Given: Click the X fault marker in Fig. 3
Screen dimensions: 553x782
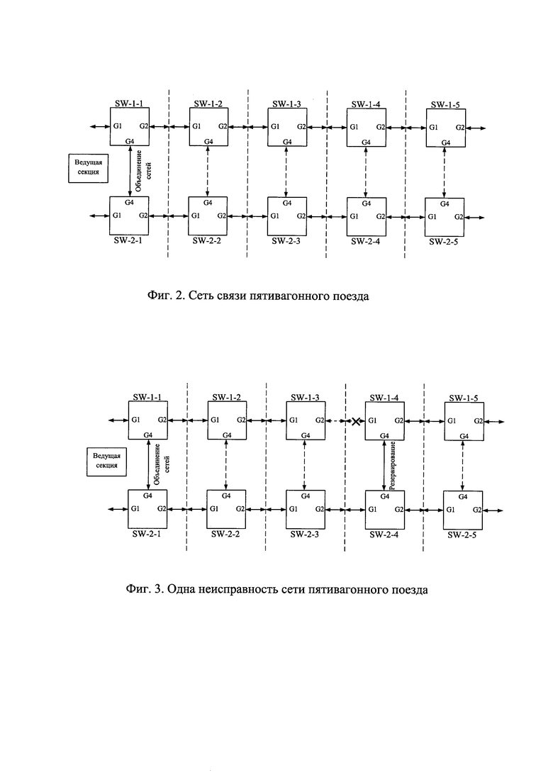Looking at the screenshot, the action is click(x=355, y=421).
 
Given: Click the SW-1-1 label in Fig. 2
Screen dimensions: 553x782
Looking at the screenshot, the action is click(x=128, y=104).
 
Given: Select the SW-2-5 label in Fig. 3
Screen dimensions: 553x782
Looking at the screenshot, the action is click(x=462, y=535).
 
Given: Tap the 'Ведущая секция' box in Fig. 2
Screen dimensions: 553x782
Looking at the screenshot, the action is click(x=87, y=167).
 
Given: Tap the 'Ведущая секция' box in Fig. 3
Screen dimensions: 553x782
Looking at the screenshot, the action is click(x=106, y=461).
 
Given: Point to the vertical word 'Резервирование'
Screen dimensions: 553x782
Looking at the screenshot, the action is click(x=393, y=465).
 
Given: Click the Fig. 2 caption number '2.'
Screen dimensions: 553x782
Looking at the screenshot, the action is click(x=181, y=296).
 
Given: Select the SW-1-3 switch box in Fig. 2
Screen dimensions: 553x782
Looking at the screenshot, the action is click(x=286, y=127).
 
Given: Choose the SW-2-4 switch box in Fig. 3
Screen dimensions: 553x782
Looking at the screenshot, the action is click(x=384, y=510).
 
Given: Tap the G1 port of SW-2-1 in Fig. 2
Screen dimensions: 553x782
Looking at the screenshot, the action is click(x=117, y=216).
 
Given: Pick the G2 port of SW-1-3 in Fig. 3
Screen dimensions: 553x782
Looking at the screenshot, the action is click(x=320, y=420).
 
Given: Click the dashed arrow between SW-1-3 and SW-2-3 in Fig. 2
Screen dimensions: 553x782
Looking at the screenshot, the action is click(x=286, y=172).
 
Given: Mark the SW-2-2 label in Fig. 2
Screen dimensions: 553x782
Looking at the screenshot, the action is click(x=207, y=241).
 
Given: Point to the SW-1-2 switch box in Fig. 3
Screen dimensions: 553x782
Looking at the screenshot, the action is click(x=227, y=420).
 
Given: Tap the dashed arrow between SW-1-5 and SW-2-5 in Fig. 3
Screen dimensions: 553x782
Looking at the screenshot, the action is click(x=463, y=466).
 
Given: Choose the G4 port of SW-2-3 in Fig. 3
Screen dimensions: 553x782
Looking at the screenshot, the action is click(x=306, y=496).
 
